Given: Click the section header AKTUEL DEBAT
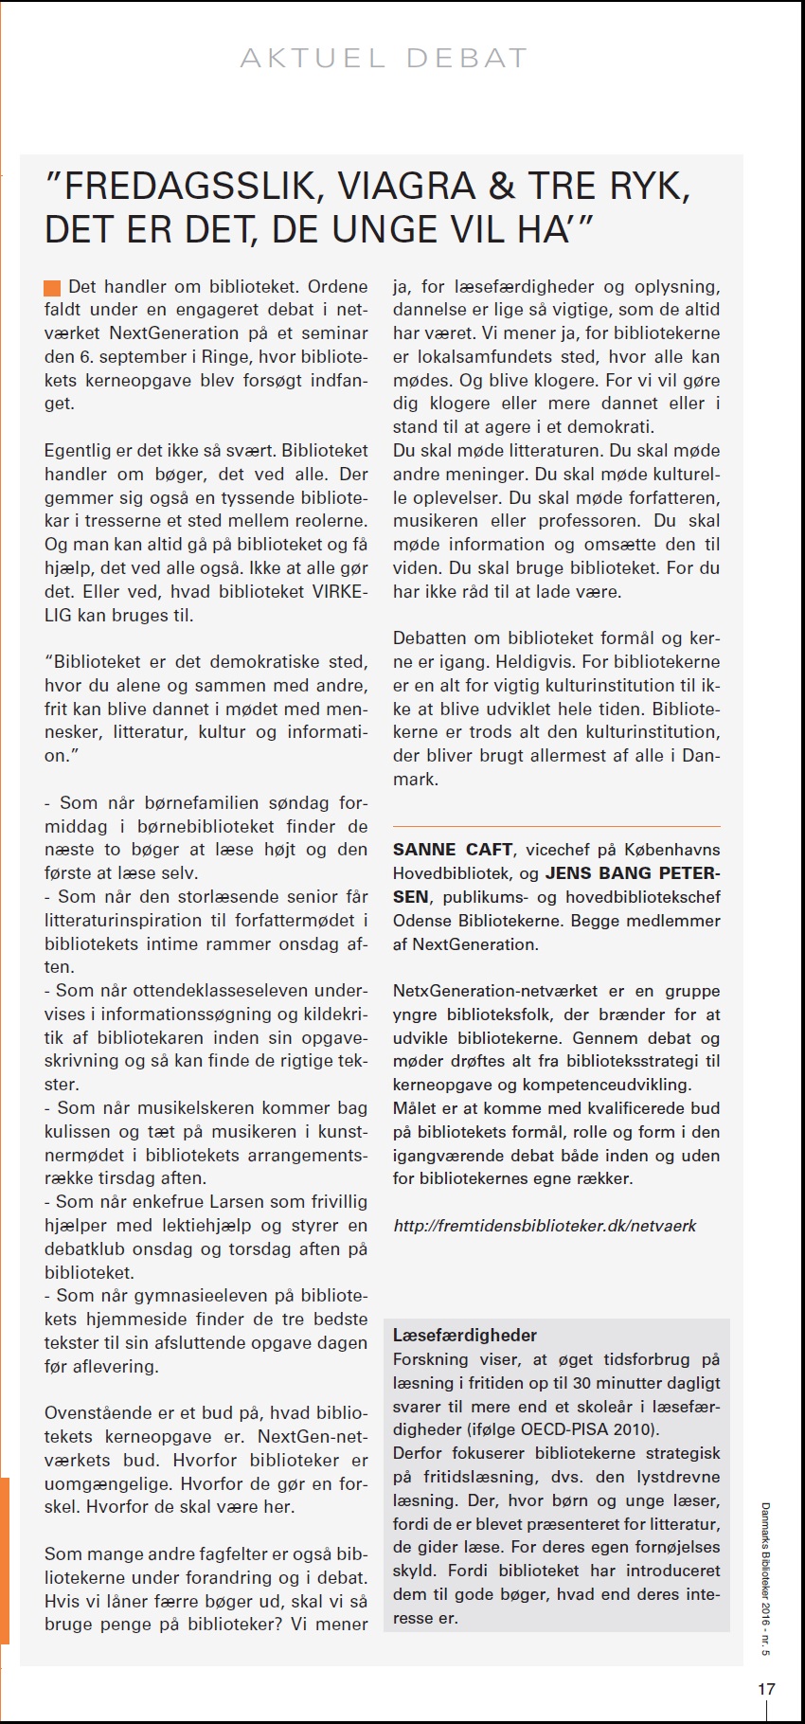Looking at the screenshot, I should [x=384, y=59].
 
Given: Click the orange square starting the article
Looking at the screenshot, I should [x=52, y=288].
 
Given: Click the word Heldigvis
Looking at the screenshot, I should [x=534, y=662].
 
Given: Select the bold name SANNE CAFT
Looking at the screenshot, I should [x=453, y=850].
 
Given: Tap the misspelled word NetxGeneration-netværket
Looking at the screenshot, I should [x=495, y=991].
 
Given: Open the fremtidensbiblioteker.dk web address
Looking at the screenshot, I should [x=545, y=1226].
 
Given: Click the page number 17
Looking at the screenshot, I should [x=766, y=1688].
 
